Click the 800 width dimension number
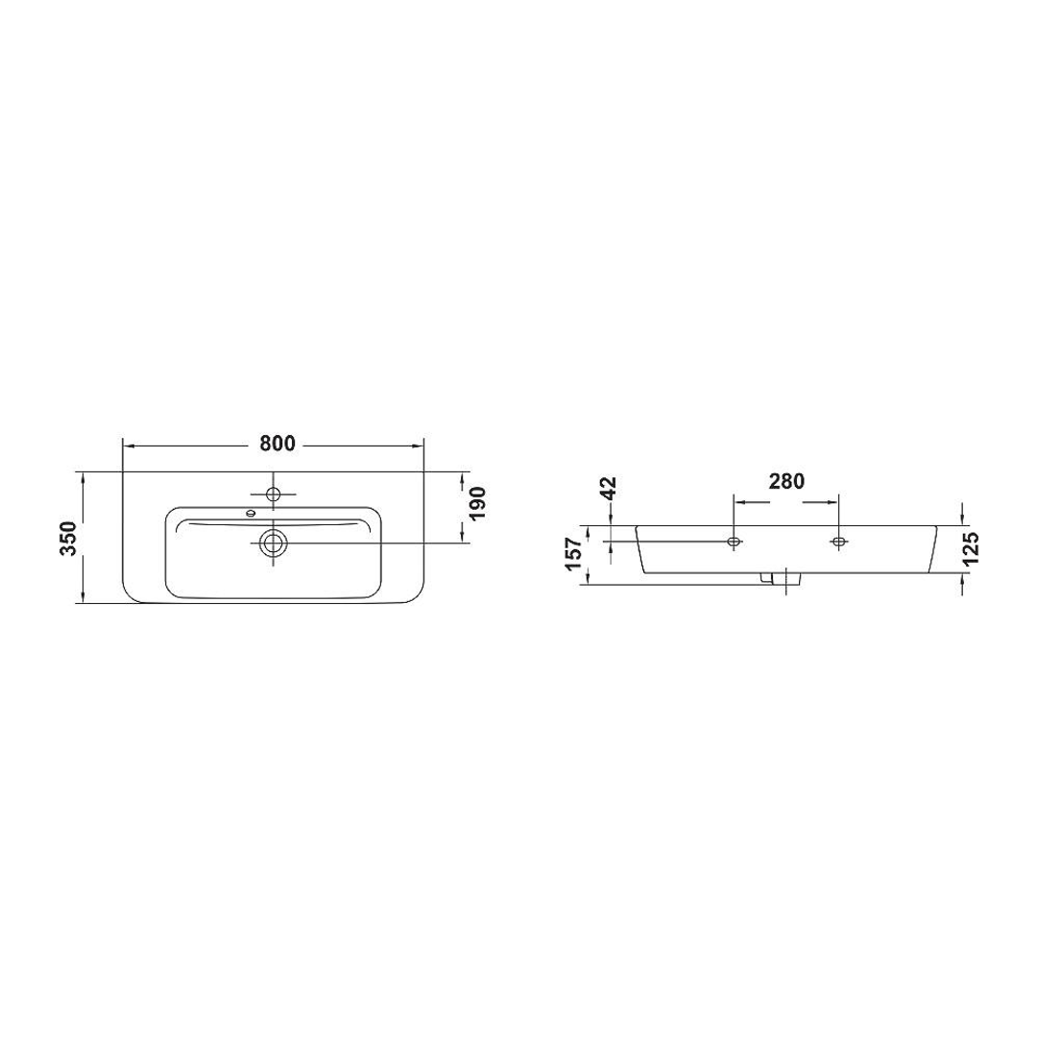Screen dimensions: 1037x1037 [275, 444]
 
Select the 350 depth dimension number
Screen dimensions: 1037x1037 [67, 538]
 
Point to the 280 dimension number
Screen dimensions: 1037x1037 [785, 481]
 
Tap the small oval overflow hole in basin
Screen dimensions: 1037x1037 [252, 513]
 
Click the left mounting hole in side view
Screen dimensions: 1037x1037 [735, 543]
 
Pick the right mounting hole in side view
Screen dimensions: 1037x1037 [839, 543]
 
